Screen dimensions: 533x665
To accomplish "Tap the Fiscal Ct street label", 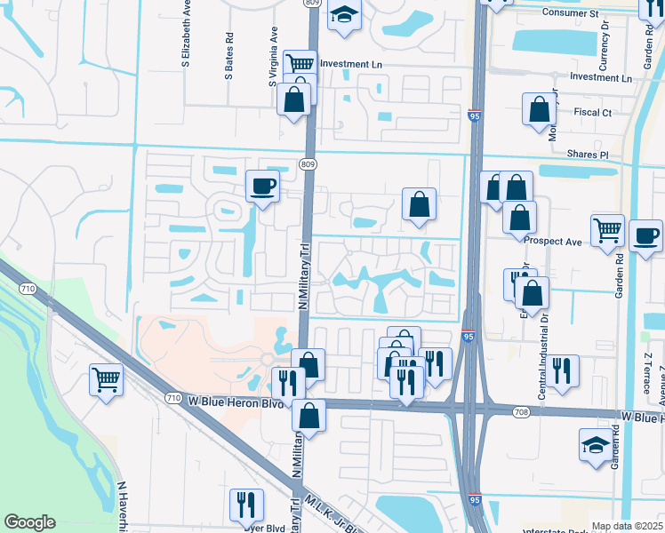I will click(x=592, y=113).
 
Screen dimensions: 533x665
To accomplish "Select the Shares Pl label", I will click(x=590, y=155).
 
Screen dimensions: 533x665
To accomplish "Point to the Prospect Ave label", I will click(x=552, y=241).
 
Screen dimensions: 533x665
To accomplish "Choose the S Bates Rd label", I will click(x=229, y=56).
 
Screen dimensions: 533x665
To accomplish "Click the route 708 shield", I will click(x=522, y=411).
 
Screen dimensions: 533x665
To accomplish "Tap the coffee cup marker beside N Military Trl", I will click(x=261, y=187).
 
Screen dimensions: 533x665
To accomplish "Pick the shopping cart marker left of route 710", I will click(x=106, y=380).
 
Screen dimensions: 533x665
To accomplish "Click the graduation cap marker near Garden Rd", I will click(x=595, y=445).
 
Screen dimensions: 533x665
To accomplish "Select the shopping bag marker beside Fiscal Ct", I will click(x=539, y=110).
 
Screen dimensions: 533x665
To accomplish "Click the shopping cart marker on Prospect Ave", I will click(x=607, y=229).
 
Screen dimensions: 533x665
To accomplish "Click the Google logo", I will click(x=29, y=522).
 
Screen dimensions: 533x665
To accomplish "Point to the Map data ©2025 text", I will click(x=627, y=526).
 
